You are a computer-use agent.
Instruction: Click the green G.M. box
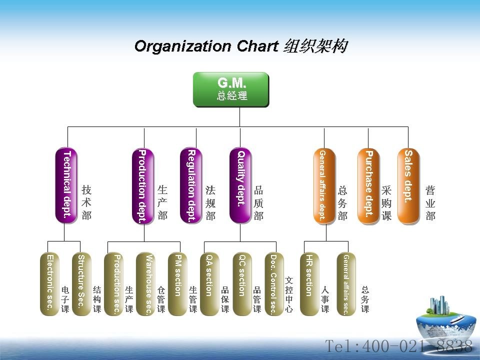click(231, 89)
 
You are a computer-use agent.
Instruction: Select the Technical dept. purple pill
click(66, 185)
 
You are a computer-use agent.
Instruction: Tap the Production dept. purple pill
click(143, 185)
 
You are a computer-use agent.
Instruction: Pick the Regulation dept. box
click(191, 185)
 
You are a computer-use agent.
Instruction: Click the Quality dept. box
click(240, 185)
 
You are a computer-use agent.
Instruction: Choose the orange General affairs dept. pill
click(324, 185)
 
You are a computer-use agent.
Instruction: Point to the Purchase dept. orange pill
click(368, 185)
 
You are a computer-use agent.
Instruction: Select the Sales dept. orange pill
click(408, 185)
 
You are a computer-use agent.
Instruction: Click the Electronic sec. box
click(49, 284)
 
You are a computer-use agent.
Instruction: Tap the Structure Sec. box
click(81, 284)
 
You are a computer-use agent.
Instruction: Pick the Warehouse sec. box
click(145, 284)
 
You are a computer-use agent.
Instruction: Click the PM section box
click(177, 284)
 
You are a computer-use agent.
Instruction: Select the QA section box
click(209, 284)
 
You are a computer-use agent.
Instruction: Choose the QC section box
click(242, 284)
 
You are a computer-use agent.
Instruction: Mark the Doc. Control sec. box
click(274, 284)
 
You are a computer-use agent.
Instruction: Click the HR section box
click(309, 284)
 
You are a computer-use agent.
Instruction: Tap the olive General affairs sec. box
click(346, 284)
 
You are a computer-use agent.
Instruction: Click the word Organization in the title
click(183, 46)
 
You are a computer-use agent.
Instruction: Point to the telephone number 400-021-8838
click(417, 346)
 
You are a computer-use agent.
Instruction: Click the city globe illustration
click(445, 318)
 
